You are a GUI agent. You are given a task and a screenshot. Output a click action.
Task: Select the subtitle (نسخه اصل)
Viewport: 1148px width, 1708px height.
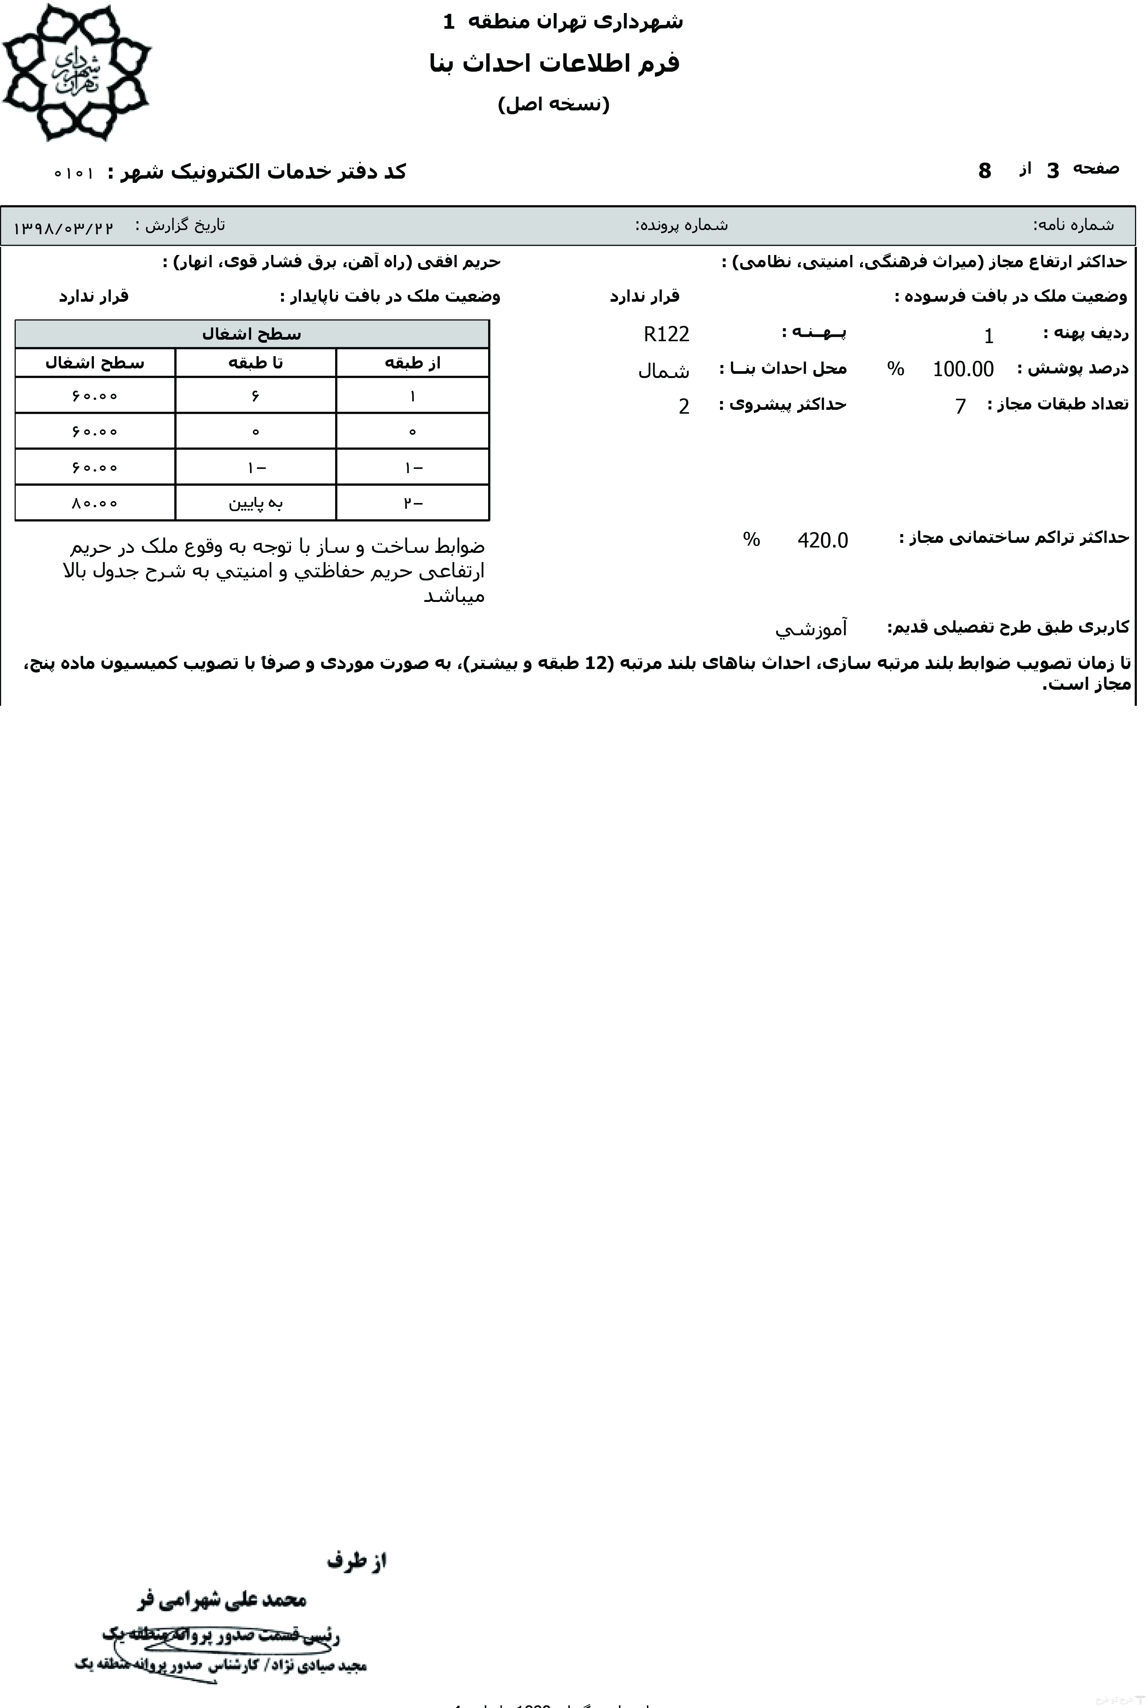(554, 104)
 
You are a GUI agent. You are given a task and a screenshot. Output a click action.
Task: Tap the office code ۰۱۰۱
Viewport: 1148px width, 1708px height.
(74, 174)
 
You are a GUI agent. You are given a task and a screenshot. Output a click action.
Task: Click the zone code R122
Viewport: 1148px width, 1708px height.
(666, 335)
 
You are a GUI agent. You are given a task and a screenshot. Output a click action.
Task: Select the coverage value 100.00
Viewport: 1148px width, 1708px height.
(963, 369)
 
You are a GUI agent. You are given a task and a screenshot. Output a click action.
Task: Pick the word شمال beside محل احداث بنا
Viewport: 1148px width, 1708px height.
(663, 371)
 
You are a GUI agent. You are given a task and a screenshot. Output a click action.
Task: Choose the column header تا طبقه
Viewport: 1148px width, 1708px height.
(255, 363)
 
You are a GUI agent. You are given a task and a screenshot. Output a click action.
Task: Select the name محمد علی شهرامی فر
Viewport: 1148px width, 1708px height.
(222, 1600)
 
